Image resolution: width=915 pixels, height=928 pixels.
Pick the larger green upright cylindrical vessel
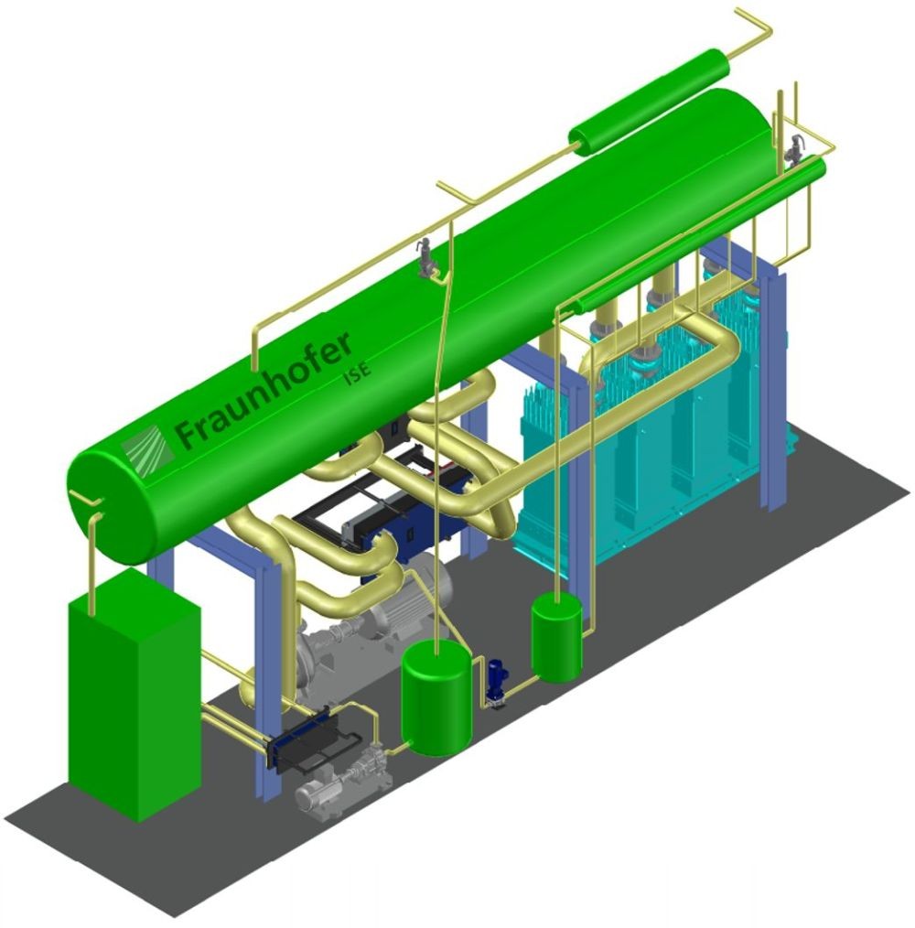436,698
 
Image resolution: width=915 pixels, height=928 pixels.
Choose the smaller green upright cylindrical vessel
556,638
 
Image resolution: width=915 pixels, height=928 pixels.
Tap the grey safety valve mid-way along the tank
425,257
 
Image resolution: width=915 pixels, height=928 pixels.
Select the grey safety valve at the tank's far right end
793,152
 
